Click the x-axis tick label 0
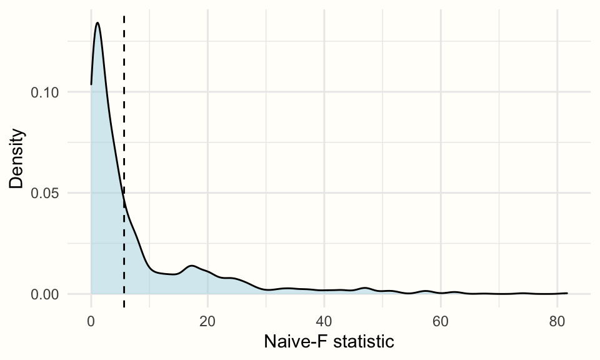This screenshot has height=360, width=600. (x=91, y=321)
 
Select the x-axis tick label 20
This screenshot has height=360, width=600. (x=207, y=321)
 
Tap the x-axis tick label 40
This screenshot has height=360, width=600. (x=324, y=321)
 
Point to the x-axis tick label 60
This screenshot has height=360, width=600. (x=441, y=321)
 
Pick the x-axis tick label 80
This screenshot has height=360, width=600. (x=557, y=321)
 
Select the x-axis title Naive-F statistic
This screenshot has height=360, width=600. (x=329, y=342)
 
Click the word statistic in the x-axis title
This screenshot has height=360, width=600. (x=362, y=342)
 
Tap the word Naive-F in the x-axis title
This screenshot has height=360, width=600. (x=292, y=342)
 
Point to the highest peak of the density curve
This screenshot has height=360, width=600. (x=97, y=23)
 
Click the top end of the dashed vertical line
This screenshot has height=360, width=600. (x=124, y=16)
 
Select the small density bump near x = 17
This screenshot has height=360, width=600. (x=191, y=266)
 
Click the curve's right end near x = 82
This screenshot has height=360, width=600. (x=567, y=292)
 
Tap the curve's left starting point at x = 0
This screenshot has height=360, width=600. (x=91, y=84)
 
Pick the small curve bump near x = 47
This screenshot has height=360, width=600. (x=366, y=288)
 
